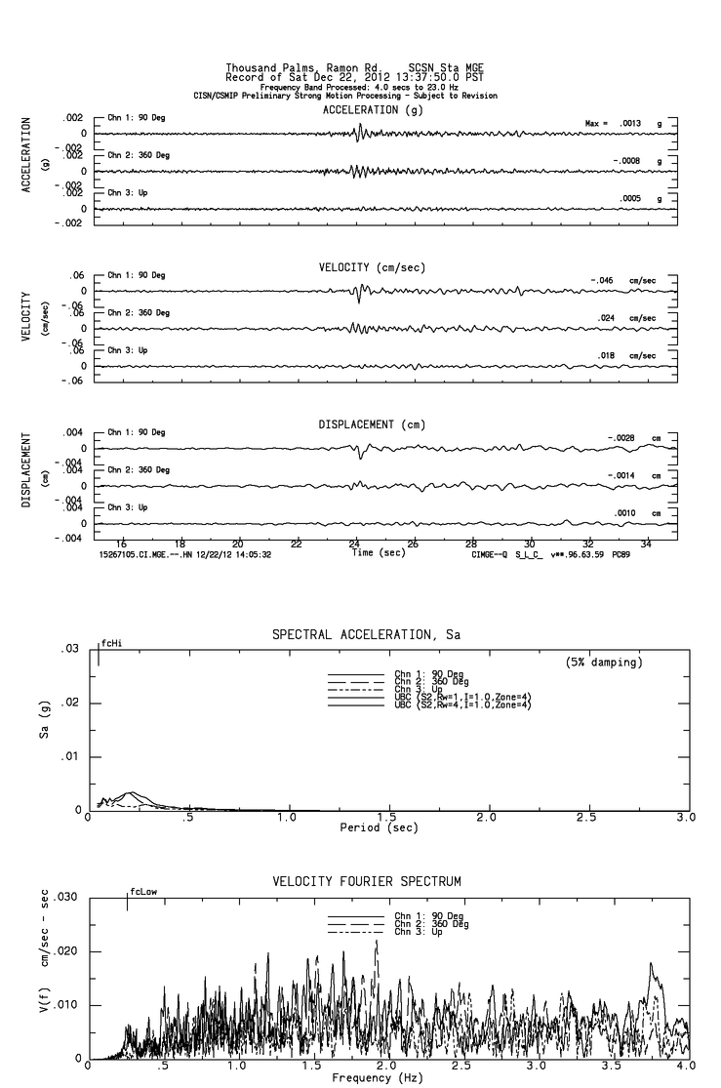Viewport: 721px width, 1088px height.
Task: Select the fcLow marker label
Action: coord(143,891)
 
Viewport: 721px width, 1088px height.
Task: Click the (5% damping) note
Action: coord(604,663)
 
